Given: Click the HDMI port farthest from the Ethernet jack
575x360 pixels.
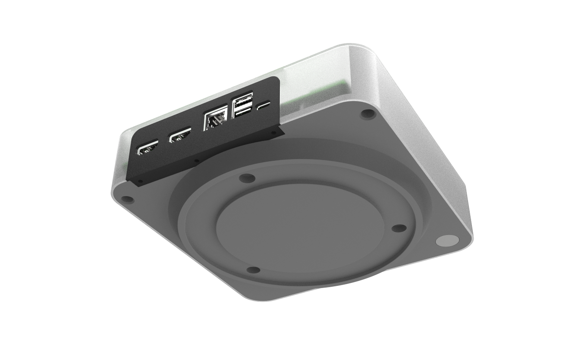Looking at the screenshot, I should pos(147,150).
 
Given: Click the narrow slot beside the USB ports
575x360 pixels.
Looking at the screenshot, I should pos(264,105).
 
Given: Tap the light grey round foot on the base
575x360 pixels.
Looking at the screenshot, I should pos(447,241).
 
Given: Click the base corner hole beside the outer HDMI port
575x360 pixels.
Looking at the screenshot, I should pos(127,200).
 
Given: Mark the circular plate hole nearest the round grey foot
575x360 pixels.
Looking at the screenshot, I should pos(399,227).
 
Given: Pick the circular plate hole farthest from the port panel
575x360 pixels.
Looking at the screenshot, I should pos(253,270).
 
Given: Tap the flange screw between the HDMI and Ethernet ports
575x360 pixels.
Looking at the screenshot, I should pos(197,161).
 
